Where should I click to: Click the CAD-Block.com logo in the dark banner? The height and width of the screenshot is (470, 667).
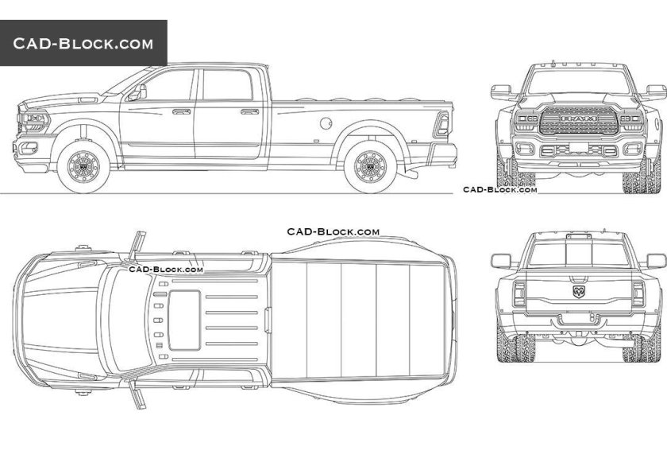pyautogui.click(x=83, y=44)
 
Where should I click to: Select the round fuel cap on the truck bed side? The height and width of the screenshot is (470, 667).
pyautogui.click(x=325, y=122)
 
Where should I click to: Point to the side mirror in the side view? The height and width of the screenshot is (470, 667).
pyautogui.click(x=141, y=92)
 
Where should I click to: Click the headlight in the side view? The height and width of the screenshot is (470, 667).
pyautogui.click(x=35, y=121)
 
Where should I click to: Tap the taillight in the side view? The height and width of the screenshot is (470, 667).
pyautogui.click(x=442, y=121)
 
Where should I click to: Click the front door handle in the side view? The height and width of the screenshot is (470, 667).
pyautogui.click(x=181, y=111)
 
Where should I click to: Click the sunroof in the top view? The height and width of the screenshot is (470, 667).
pyautogui.click(x=186, y=319)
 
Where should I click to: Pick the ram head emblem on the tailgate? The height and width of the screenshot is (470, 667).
pyautogui.click(x=577, y=292)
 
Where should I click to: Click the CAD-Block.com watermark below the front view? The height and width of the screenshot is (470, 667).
pyautogui.click(x=500, y=190)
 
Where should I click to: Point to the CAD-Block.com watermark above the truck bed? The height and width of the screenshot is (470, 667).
pyautogui.click(x=333, y=231)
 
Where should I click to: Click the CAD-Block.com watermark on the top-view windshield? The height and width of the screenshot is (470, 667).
pyautogui.click(x=166, y=270)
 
